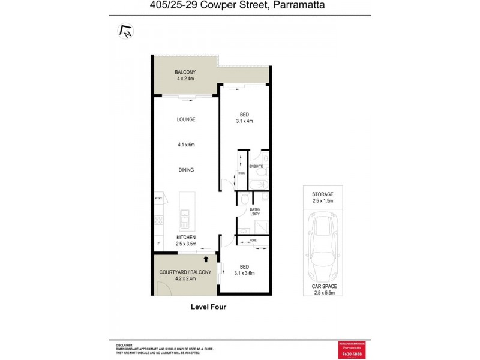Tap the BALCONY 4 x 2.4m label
point(185,75)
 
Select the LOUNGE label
point(185,119)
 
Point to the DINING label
point(185,170)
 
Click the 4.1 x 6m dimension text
point(185,145)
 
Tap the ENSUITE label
point(256,166)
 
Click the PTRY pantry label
point(159,198)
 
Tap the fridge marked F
point(158,244)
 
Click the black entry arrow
point(206,259)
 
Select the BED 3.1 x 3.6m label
point(244,269)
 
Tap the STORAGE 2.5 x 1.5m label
point(322,199)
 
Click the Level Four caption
point(208,307)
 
